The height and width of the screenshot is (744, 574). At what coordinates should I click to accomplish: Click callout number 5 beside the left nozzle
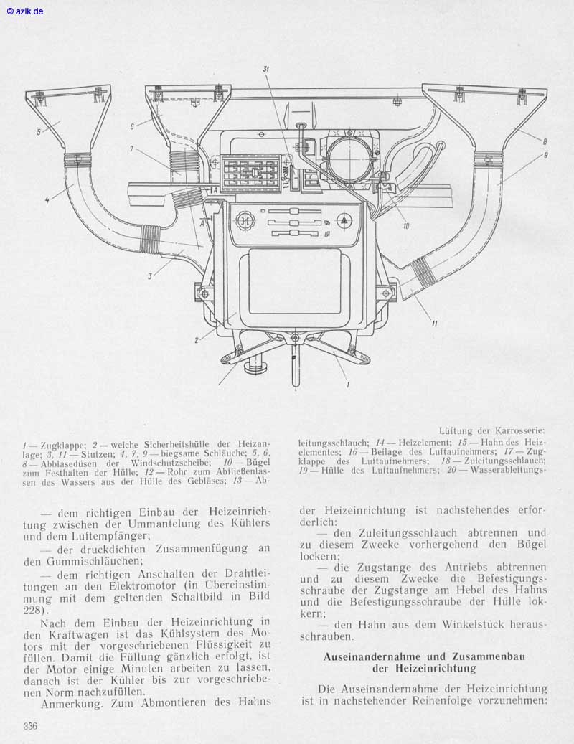38,131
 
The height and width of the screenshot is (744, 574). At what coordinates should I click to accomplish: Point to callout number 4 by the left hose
47,199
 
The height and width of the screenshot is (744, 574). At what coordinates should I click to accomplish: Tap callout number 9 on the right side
545,154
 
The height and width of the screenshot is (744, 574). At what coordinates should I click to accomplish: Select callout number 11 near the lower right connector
434,324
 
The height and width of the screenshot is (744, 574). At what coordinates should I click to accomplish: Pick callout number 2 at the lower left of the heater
195,341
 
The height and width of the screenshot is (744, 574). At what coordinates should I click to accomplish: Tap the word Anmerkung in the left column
71,704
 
